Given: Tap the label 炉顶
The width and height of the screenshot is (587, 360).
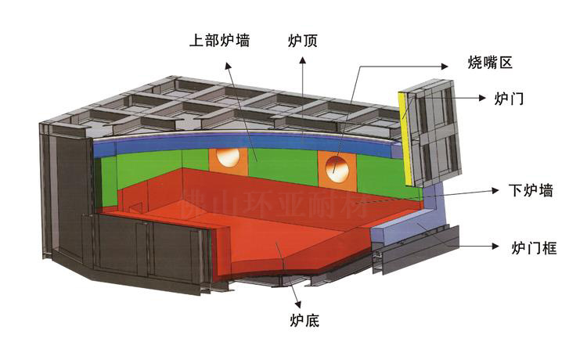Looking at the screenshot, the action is [302, 39].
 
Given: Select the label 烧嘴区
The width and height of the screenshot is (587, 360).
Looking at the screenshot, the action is [489, 63].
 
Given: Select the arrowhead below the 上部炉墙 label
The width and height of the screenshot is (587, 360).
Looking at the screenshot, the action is [229, 65].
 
